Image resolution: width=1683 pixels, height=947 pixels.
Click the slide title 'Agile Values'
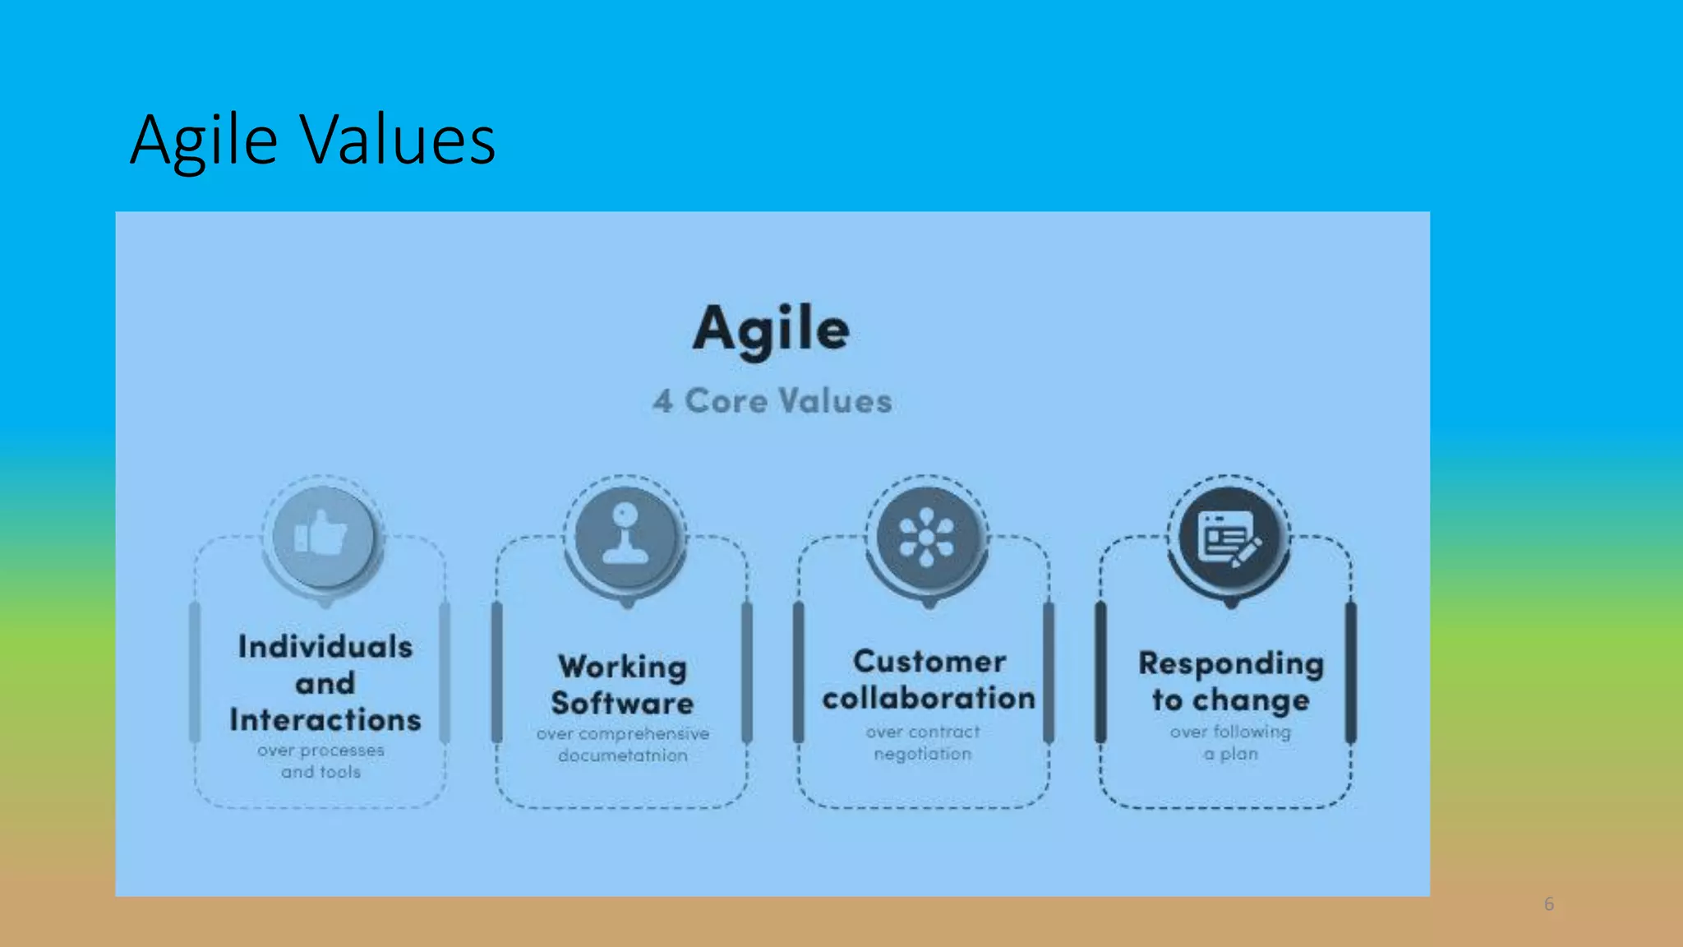tap(312, 140)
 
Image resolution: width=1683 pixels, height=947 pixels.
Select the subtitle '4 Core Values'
tap(772, 401)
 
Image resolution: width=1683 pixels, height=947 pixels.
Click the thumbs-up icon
tap(323, 536)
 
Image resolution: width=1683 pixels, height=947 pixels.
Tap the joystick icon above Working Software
tap(625, 536)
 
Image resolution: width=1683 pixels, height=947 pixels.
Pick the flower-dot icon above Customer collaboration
tap(926, 537)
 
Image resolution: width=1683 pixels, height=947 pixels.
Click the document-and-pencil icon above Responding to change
tap(1229, 538)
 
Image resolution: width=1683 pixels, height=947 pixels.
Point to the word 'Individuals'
tap(325, 647)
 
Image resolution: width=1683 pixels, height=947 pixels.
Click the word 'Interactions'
tap(325, 720)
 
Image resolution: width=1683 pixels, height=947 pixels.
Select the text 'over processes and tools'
tap(320, 761)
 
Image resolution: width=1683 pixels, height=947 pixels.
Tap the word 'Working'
tap(622, 667)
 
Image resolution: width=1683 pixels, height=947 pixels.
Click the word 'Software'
tap(622, 704)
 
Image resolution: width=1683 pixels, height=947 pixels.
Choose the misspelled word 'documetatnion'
tap(622, 755)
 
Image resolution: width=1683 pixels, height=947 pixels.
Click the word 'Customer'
tap(929, 662)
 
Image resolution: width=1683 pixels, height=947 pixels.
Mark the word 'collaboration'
tap(929, 699)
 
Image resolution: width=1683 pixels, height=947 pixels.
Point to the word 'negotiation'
tap(922, 754)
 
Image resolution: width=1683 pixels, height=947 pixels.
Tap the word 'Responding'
tap(1230, 663)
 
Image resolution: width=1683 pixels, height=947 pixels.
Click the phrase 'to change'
tap(1230, 700)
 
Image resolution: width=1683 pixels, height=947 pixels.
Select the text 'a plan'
tap(1230, 754)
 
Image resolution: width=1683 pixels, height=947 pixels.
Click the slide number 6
tap(1549, 904)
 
